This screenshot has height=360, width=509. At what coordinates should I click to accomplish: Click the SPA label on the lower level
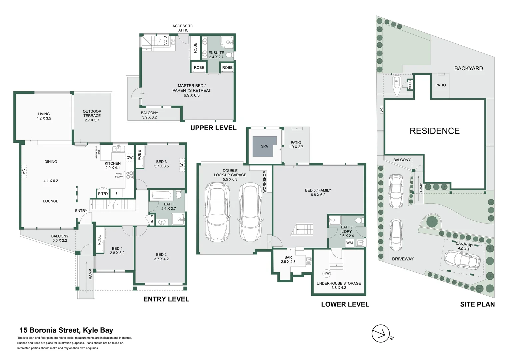(x=264, y=146)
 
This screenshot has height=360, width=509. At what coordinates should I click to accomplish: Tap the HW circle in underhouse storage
(x=326, y=273)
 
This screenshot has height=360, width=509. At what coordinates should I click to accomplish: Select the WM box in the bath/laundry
(x=349, y=243)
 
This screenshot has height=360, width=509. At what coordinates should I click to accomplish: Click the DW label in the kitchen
(x=129, y=158)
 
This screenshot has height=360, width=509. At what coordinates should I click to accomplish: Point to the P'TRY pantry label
(x=103, y=194)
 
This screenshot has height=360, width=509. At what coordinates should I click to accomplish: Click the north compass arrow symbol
(x=381, y=333)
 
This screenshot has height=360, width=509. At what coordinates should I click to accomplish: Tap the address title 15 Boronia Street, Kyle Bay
(x=66, y=330)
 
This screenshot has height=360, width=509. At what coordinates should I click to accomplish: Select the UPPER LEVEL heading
(x=213, y=128)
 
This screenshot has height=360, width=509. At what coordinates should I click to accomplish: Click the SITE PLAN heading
(x=477, y=304)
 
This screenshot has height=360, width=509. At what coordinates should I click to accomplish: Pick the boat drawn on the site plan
(x=396, y=86)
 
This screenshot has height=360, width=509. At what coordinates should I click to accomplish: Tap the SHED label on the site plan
(x=410, y=85)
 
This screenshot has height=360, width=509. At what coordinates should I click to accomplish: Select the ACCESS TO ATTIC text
(x=183, y=28)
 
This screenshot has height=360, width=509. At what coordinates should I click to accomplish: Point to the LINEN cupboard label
(x=152, y=220)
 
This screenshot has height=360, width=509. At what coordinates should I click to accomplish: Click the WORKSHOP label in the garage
(x=265, y=182)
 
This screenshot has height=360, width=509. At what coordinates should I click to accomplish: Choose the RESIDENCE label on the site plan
(x=434, y=131)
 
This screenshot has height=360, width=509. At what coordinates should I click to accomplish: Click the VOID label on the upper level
(x=165, y=41)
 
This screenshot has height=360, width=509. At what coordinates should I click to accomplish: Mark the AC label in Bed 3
(x=182, y=165)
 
